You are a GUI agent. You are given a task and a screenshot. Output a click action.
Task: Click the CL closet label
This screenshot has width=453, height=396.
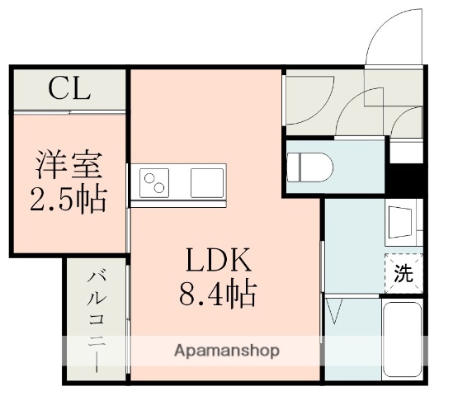point(68,88)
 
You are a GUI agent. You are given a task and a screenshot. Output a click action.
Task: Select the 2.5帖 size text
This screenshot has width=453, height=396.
point(69,199)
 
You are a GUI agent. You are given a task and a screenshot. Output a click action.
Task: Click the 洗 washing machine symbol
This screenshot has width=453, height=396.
point(403,274)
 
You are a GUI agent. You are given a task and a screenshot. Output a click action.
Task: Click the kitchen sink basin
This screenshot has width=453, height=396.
point(208,181)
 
